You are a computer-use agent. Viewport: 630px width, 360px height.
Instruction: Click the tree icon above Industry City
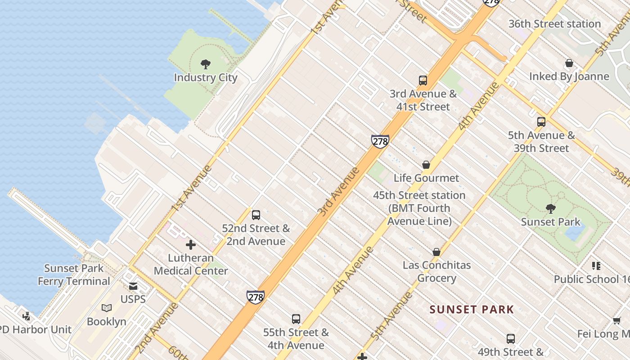pos(206,64)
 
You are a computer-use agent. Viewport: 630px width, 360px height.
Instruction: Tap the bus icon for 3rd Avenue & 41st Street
pos(423,81)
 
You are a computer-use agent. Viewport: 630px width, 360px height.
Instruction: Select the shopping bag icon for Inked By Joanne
pos(569,63)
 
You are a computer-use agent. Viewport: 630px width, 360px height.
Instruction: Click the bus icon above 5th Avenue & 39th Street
pos(541,121)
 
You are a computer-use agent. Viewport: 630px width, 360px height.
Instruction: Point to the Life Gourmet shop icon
pos(426,165)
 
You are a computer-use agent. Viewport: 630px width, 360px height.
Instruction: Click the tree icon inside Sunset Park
pos(550,208)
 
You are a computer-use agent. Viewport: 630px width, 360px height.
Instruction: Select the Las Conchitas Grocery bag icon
pos(436,252)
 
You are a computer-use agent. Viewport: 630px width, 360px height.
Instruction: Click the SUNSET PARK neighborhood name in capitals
pos(472,310)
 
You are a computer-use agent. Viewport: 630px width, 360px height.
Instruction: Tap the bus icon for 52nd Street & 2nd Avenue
pos(256,215)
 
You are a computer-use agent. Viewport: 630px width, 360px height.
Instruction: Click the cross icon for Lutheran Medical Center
pos(191,245)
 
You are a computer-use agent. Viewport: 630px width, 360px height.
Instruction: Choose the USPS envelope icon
pos(133,286)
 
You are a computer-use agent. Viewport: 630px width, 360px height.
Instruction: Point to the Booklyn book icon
pos(107,308)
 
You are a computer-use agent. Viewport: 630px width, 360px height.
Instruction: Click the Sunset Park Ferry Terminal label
pos(74,274)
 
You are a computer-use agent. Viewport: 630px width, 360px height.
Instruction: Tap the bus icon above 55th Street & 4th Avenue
pos(296,319)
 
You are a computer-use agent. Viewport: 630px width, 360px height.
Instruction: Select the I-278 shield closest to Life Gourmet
pos(380,141)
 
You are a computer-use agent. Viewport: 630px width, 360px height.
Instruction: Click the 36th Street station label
pos(554,24)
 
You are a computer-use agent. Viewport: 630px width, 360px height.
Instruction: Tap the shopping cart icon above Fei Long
pos(616,320)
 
